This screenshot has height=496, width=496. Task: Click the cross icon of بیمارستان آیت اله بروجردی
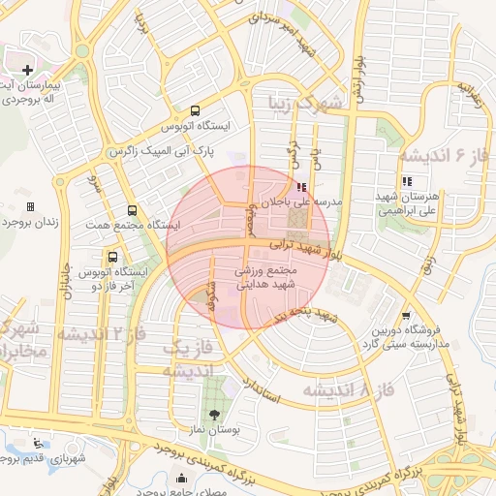[27, 70]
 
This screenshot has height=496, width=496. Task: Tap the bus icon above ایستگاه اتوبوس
[195, 110]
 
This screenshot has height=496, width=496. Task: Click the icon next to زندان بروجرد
[31, 206]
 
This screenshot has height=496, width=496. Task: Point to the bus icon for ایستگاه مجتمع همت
[132, 210]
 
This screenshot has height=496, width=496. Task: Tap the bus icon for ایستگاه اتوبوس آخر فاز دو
[114, 257]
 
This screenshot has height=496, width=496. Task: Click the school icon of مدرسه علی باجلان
[302, 187]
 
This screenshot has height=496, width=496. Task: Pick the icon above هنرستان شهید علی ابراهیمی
[406, 181]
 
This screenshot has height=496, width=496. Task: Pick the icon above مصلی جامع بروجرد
[182, 478]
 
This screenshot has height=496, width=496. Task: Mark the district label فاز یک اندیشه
[184, 359]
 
